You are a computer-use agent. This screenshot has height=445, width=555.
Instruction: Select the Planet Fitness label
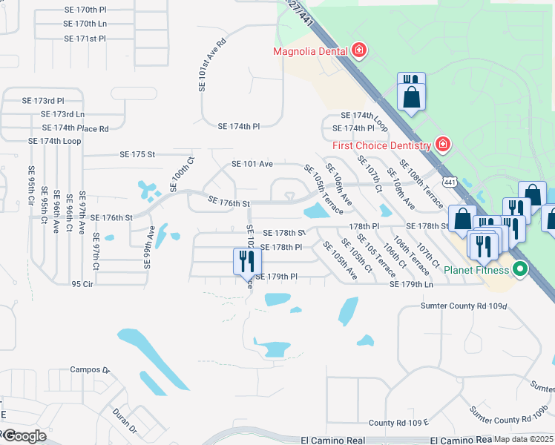click(x=475, y=269)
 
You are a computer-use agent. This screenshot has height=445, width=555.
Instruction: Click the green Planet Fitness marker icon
click(x=521, y=269)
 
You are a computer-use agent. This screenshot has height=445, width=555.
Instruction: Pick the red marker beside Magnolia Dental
click(x=360, y=50)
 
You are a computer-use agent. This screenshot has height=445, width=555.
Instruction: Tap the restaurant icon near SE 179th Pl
click(x=246, y=261)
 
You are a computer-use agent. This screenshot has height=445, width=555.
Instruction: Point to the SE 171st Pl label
click(x=85, y=38)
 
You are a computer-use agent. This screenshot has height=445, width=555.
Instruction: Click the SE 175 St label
click(x=137, y=155)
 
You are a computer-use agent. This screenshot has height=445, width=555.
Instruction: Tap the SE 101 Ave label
click(x=252, y=164)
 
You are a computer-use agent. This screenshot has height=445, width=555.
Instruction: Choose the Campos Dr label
click(x=89, y=369)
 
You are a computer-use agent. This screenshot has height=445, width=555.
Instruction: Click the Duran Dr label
click(x=124, y=420)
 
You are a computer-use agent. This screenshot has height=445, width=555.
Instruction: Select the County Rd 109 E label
click(x=398, y=423)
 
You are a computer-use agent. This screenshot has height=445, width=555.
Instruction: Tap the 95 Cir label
click(x=82, y=284)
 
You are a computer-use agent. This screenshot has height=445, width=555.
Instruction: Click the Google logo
click(x=24, y=436)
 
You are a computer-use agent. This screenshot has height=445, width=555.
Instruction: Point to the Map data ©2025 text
click(x=523, y=440)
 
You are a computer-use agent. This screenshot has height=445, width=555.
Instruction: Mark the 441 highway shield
click(x=449, y=182)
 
